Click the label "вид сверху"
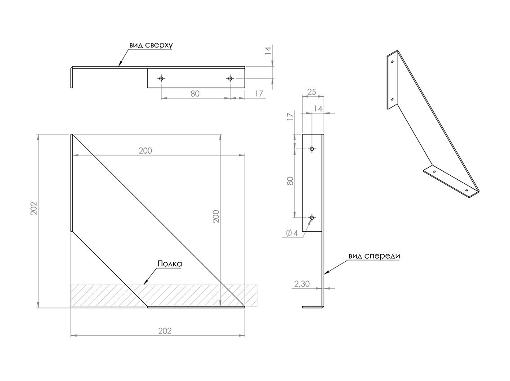click(151, 45)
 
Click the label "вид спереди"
click(374, 256)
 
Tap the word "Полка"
click(169, 264)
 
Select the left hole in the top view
click(161, 78)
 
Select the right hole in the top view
click(230, 78)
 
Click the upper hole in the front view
click(312, 149)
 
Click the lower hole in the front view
click(312, 218)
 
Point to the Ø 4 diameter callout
click(291, 233)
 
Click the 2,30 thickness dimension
click(302, 284)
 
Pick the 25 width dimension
click(311, 92)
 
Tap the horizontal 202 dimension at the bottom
click(165, 331)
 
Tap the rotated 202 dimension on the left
click(34, 208)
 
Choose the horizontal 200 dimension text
click(145, 151)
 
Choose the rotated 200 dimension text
click(216, 216)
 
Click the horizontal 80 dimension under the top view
click(195, 94)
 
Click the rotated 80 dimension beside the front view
click(290, 181)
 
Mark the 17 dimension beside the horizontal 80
click(259, 94)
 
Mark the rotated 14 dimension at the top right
click(268, 51)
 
